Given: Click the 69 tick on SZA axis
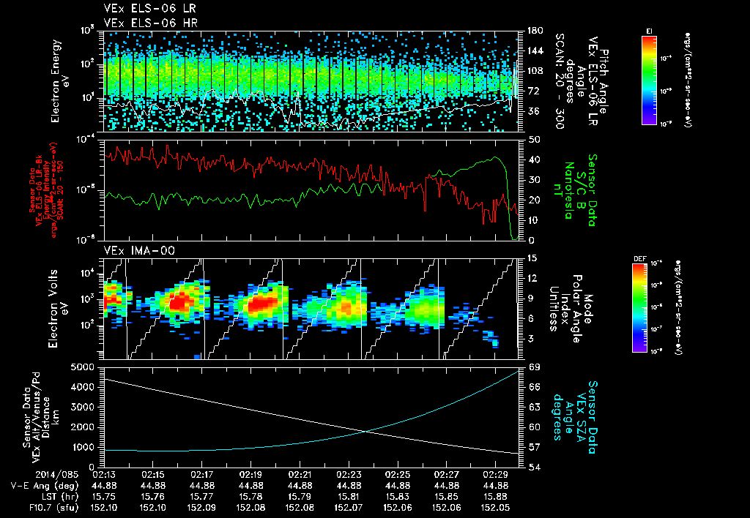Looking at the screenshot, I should coord(534,366).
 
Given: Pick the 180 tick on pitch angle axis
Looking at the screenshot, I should coord(534,31).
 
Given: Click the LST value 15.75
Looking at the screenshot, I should coord(105,496).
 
